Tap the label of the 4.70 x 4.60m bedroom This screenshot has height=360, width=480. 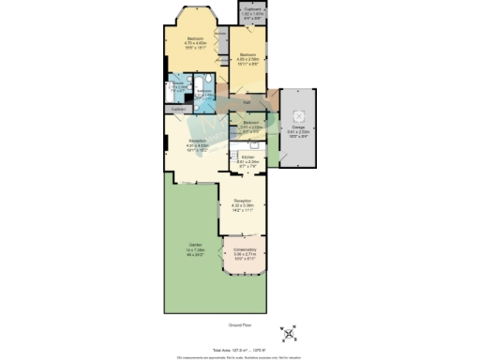tap(195, 43)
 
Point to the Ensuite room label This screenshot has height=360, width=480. tap(175, 87)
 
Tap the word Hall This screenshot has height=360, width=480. tap(247, 102)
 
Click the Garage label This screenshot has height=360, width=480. tap(298, 129)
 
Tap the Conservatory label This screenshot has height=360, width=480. tap(244, 252)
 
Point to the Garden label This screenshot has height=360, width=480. tap(195, 250)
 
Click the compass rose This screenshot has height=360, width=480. tap(289, 333)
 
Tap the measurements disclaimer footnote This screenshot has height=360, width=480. tap(240, 356)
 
